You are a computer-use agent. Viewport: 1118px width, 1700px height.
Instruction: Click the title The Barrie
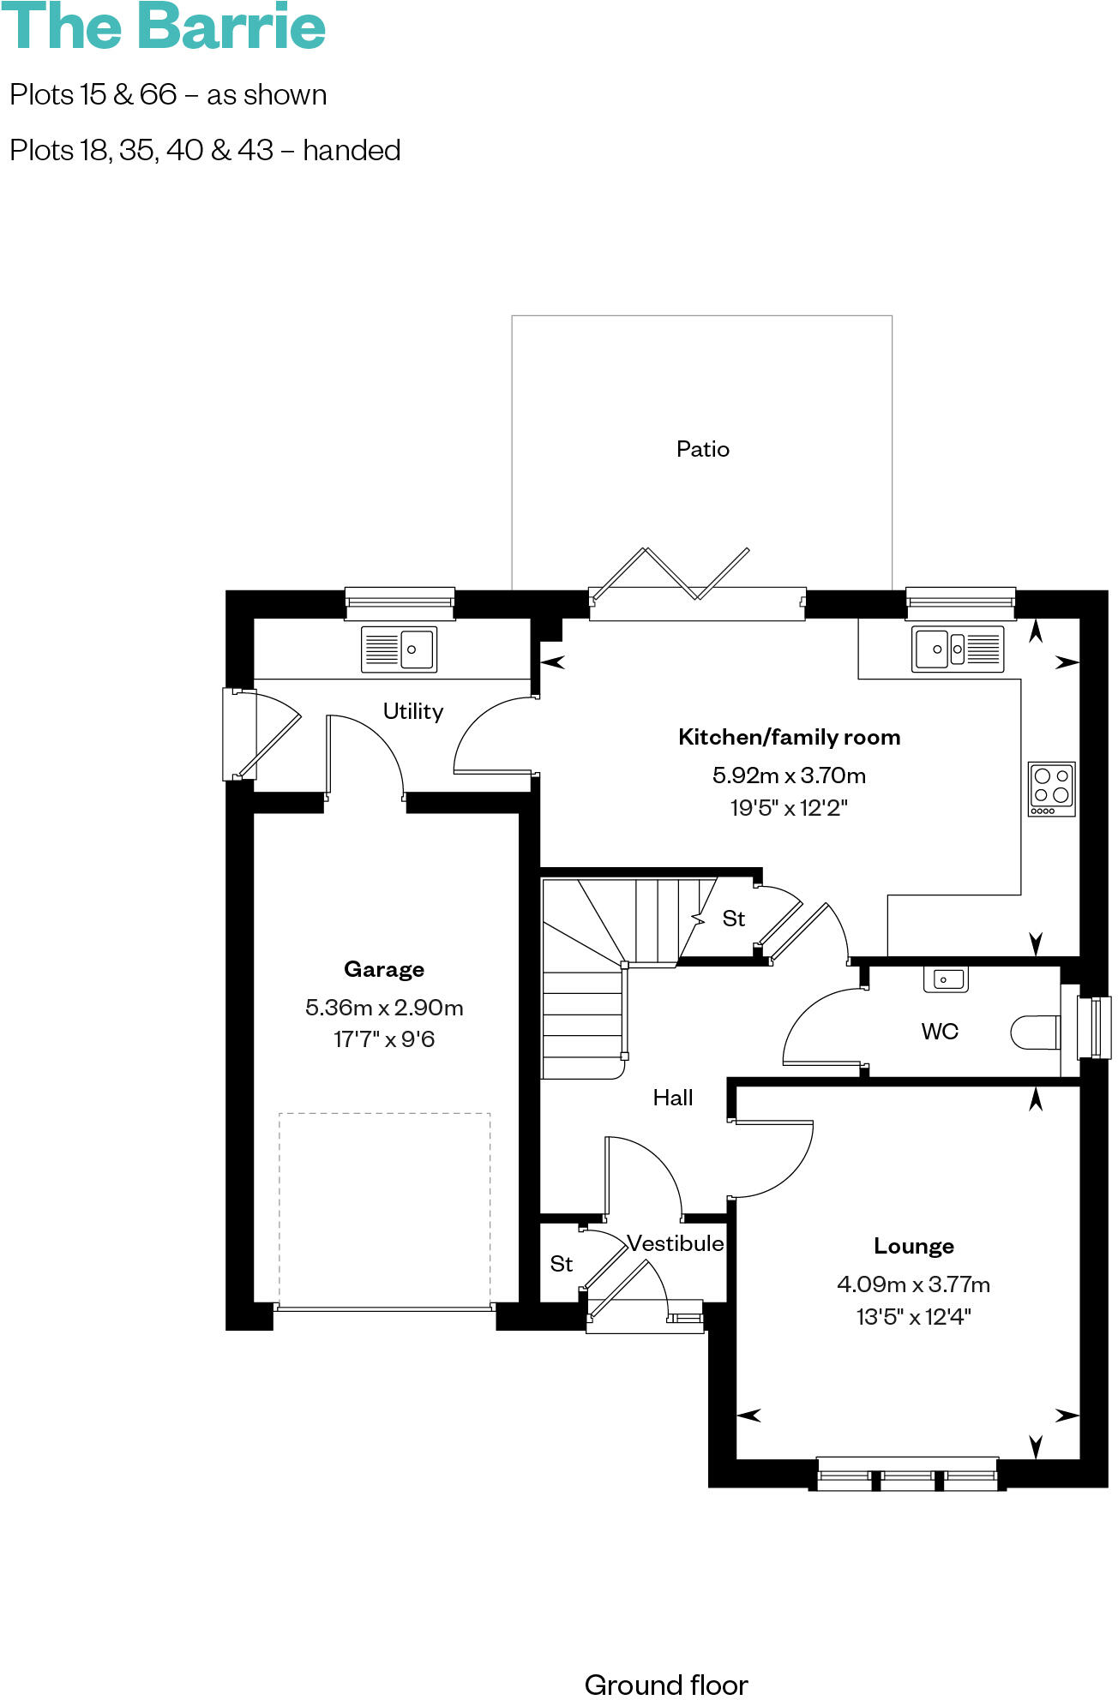[163, 27]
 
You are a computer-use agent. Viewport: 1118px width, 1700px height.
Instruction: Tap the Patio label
[702, 449]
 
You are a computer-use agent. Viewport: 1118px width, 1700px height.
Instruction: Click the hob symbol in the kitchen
[1051, 788]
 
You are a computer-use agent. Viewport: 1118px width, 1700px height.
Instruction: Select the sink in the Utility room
[399, 649]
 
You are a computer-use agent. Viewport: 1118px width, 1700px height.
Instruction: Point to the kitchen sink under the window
[957, 649]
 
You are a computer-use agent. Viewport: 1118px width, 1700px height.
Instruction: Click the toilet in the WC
[1035, 1033]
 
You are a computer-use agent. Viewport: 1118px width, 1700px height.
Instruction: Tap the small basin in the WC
[945, 979]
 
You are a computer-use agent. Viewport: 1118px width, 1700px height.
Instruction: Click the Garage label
[383, 969]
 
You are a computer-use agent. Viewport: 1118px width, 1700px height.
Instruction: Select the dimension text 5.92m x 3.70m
[789, 775]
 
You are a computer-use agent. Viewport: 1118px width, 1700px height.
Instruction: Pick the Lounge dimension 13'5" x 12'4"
[913, 1316]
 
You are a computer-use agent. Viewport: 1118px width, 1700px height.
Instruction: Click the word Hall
[672, 1098]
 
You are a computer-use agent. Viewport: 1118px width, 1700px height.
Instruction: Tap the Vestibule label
[675, 1243]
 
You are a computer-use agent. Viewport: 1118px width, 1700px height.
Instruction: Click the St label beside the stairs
[733, 919]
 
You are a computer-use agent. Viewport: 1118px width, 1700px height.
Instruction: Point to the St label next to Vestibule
[561, 1264]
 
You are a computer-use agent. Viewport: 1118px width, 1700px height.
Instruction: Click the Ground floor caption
[666, 1685]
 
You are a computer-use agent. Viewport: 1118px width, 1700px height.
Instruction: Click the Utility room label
[412, 711]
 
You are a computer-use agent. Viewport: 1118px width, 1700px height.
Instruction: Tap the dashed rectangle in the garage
[384, 1208]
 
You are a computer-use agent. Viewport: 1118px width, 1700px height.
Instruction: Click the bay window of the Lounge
[907, 1475]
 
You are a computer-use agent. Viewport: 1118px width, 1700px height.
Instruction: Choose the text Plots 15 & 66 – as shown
[168, 94]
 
